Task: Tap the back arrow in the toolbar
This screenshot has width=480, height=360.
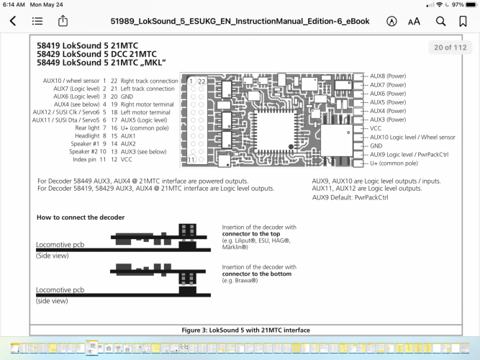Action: coord(13,22)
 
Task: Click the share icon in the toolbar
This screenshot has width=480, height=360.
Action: coord(63,21)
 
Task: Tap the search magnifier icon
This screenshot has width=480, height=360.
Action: coord(440,22)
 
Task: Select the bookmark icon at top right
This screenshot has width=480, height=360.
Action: coord(463,22)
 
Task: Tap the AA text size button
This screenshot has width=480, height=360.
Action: coord(414,22)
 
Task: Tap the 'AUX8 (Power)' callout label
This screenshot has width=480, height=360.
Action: coord(388,76)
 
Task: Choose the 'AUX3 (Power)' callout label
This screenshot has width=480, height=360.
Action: coord(388,119)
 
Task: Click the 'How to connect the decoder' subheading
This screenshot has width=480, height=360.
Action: coord(81,217)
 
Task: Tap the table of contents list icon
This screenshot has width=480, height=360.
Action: coord(37,22)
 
